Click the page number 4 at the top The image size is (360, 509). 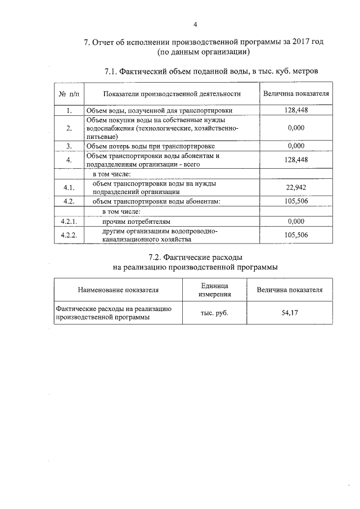click(195, 24)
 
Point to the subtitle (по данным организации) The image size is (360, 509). click(203, 52)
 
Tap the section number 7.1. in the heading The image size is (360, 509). click(113, 71)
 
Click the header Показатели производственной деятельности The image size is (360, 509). click(168, 94)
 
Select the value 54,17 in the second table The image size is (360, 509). click(290, 313)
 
